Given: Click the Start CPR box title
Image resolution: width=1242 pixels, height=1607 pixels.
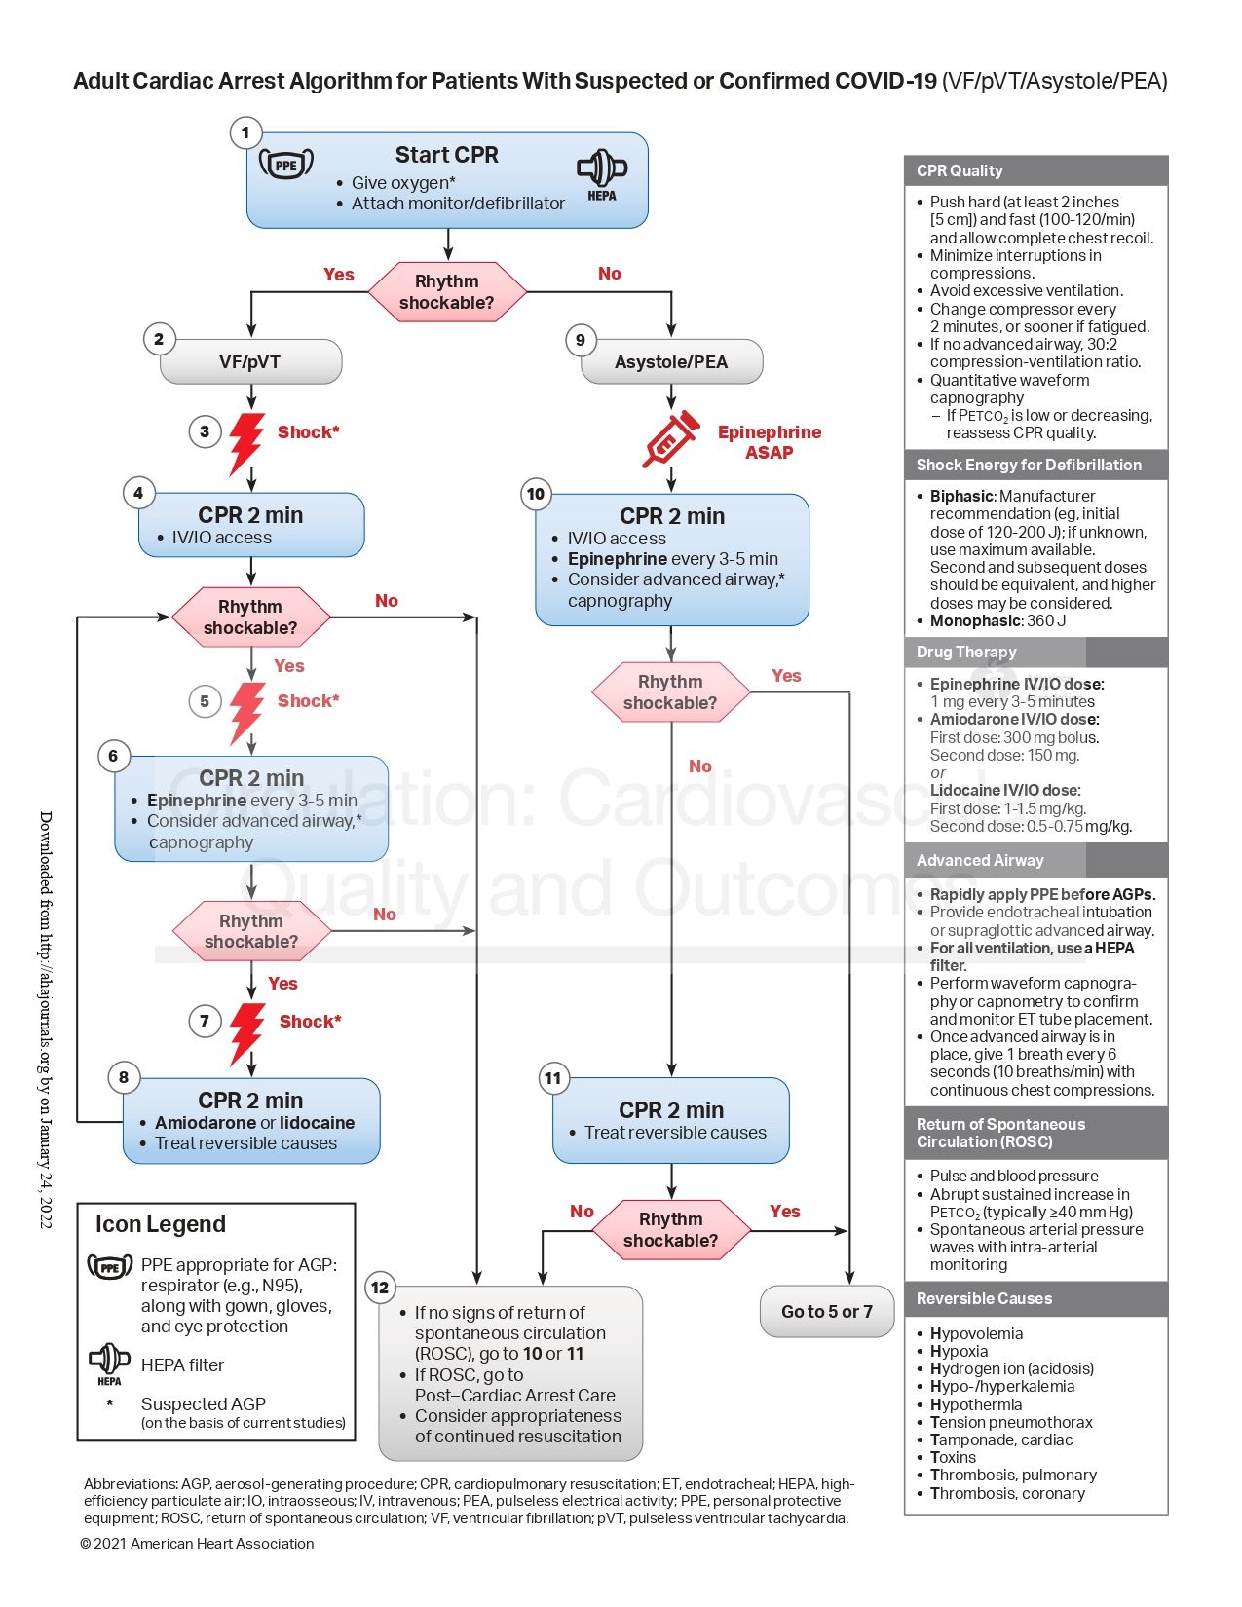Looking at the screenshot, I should click(446, 155).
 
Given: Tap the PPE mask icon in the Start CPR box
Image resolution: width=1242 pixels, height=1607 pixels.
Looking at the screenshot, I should click(286, 164).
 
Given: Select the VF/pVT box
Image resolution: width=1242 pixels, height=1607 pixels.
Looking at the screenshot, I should click(250, 362).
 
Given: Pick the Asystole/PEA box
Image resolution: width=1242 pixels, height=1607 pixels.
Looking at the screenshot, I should click(671, 362).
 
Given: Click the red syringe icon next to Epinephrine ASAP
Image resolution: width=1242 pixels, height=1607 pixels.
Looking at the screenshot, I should click(670, 439).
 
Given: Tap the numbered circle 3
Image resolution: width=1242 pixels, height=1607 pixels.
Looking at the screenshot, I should click(205, 431).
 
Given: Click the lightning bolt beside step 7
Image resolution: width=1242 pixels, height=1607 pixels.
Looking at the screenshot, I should click(246, 1032).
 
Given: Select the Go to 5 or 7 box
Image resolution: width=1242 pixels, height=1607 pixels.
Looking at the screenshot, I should click(826, 1311).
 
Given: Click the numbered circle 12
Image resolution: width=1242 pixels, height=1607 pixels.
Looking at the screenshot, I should click(380, 1288).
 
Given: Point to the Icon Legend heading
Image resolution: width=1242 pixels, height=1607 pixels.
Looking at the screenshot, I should click(161, 1224).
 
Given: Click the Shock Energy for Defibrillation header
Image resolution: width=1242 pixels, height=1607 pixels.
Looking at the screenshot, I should click(1029, 465).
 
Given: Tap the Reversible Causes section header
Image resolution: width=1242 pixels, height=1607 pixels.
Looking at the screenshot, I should click(984, 1298).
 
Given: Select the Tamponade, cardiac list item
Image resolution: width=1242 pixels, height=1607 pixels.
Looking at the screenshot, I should click(1000, 1439).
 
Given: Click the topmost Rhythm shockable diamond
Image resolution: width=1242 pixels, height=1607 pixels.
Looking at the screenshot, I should click(447, 291).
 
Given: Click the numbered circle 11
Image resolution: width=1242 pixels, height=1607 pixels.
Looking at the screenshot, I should click(553, 1078).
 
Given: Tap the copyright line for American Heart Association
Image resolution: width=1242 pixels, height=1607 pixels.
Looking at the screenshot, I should click(197, 1543).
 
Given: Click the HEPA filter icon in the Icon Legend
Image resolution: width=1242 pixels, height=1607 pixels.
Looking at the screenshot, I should click(109, 1362).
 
